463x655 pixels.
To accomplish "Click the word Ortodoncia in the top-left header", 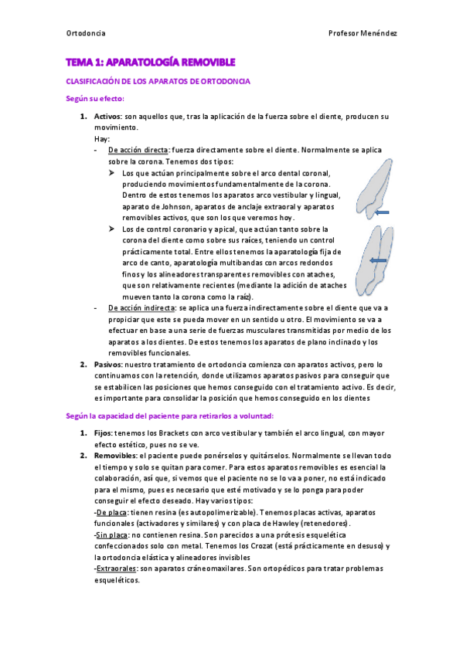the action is tap(85, 34).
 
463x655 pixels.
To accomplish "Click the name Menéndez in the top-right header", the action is tap(380, 34).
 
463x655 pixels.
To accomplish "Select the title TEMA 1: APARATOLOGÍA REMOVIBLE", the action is tap(150, 62).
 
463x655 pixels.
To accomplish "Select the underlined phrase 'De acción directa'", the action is tap(137, 150).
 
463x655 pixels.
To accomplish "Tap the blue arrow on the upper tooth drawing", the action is tap(382, 211).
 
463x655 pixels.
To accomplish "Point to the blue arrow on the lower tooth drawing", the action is tap(379, 261).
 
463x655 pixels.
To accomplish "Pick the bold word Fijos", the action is tap(104, 434).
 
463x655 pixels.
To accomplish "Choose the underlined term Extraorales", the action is tap(117, 568).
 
